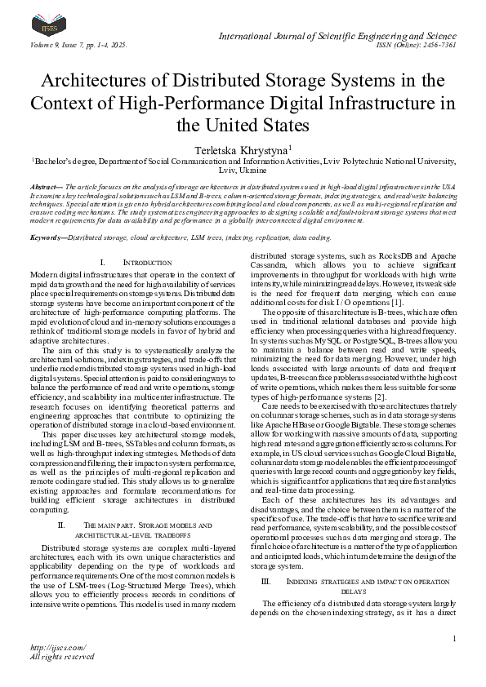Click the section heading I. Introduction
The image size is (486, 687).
pos(128,262)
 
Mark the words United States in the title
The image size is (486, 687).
pos(261,126)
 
